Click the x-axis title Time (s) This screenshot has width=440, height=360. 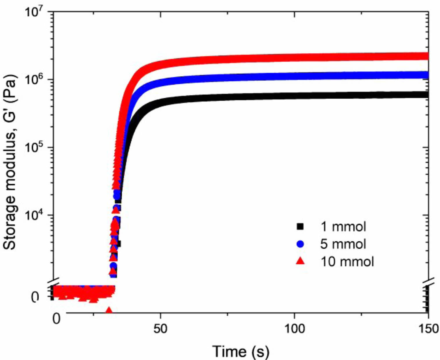pos(241,351)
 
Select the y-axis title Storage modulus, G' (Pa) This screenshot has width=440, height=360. pos(10,162)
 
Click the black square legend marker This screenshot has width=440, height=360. pos(300,227)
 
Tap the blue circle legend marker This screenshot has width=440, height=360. pos(300,244)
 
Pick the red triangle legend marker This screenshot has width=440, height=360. pos(300,261)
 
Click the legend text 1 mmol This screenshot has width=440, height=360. pos(343,227)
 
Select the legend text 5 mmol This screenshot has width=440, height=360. pos(343,244)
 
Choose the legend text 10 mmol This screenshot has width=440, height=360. pos(347,261)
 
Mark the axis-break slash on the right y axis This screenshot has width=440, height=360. pos(428,282)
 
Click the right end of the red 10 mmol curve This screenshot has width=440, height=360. pos(426,56)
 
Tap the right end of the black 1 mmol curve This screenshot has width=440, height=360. pos(426,95)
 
